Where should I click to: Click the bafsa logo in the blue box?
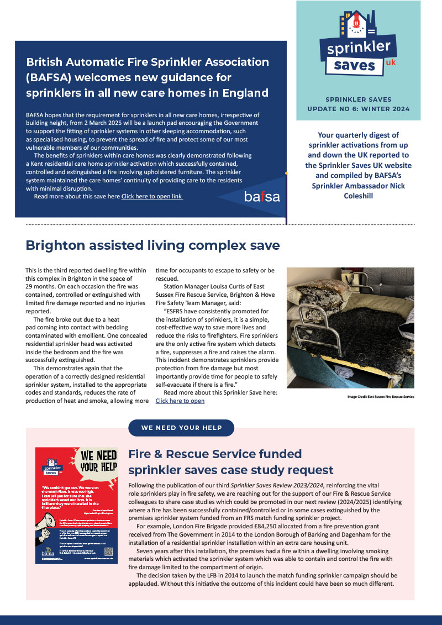pos(262,196)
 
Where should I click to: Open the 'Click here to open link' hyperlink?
pos(152,196)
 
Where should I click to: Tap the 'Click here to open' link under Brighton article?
pos(180,401)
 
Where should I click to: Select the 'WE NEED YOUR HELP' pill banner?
pos(181,428)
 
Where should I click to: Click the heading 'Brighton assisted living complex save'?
pos(153,245)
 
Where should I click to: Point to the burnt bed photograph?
pos(350,327)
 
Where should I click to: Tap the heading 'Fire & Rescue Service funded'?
pos(215,454)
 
